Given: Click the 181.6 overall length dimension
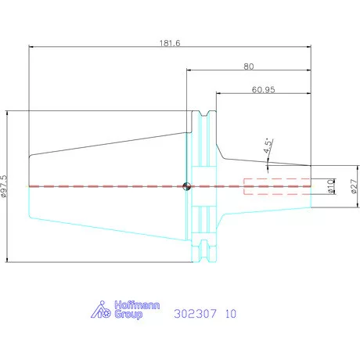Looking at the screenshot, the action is click(x=170, y=43).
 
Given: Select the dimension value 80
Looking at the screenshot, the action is click(x=249, y=67).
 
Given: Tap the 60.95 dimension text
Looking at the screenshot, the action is click(x=263, y=90).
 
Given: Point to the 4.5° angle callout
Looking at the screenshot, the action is click(x=268, y=146).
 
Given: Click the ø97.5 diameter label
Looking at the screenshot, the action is click(x=4, y=186).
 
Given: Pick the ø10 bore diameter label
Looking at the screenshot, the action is click(x=330, y=186).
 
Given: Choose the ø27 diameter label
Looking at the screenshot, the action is click(x=354, y=186).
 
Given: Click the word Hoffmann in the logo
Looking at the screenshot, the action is click(x=137, y=305).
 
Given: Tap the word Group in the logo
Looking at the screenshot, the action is click(x=128, y=315).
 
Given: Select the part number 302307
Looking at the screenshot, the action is click(x=195, y=314).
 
